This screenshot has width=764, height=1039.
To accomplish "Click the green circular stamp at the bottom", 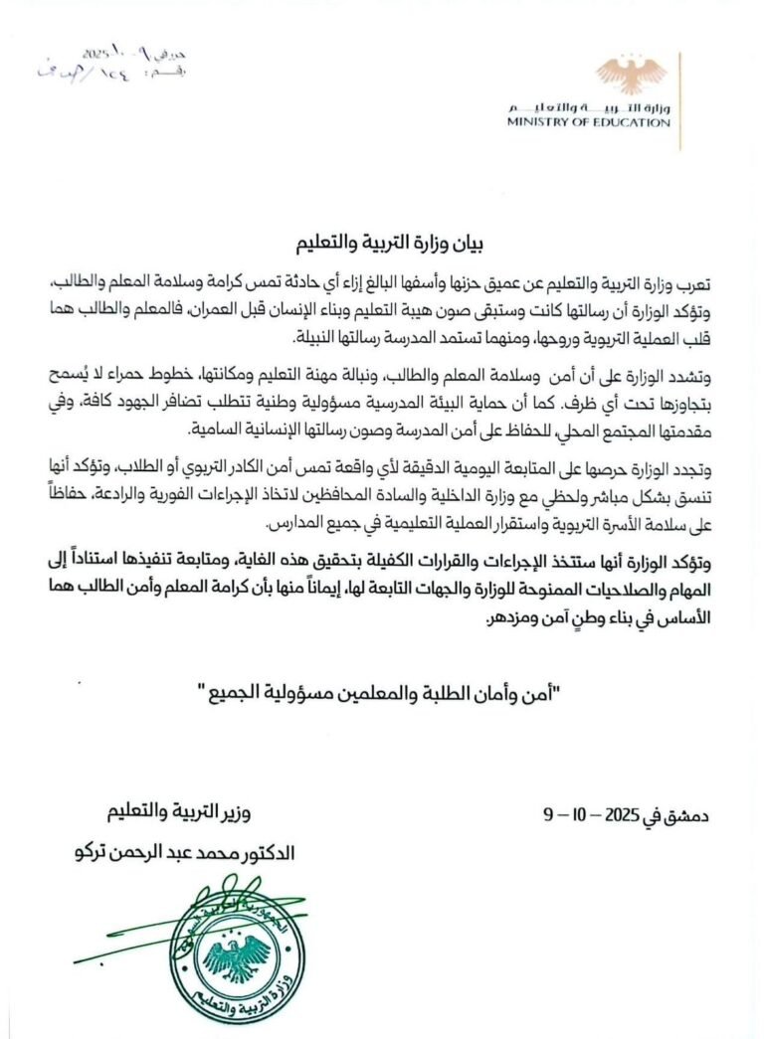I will pyautogui.click(x=235, y=945).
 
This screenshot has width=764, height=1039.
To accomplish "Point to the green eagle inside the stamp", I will pyautogui.click(x=236, y=950).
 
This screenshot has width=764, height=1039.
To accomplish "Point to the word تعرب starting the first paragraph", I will pyautogui.click(x=695, y=285).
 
